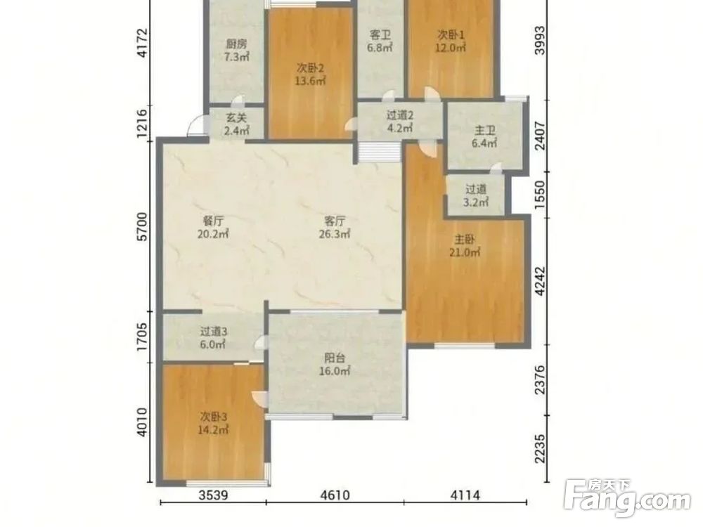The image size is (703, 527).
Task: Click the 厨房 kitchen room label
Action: pos(236,44)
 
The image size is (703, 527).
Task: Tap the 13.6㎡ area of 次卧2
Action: pos(310,81)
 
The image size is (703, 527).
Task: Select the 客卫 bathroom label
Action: pos(380,34)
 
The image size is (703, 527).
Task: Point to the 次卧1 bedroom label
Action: pos(451,34)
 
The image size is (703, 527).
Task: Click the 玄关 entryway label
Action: pos(236,118)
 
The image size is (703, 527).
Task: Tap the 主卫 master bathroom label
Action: pos(484,131)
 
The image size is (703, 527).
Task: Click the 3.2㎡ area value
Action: pos(475,202)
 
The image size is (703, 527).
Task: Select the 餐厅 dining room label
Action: pos(213,221)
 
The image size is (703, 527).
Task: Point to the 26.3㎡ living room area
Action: pos(335,234)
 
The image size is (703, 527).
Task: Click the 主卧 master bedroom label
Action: pos(465,240)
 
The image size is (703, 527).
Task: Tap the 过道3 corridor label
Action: pos(214,332)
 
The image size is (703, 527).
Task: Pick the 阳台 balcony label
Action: pos(335,358)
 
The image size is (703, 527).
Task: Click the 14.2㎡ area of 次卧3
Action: pos(214,430)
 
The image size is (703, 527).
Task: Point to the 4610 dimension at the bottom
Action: pos(335,495)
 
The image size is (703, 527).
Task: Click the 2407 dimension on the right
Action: pos(541,137)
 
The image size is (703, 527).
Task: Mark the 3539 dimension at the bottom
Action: pos(214,495)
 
